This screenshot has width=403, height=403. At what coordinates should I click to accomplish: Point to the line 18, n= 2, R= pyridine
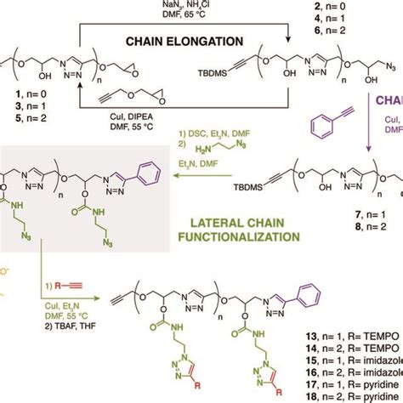pyautogui.click(x=348, y=397)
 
